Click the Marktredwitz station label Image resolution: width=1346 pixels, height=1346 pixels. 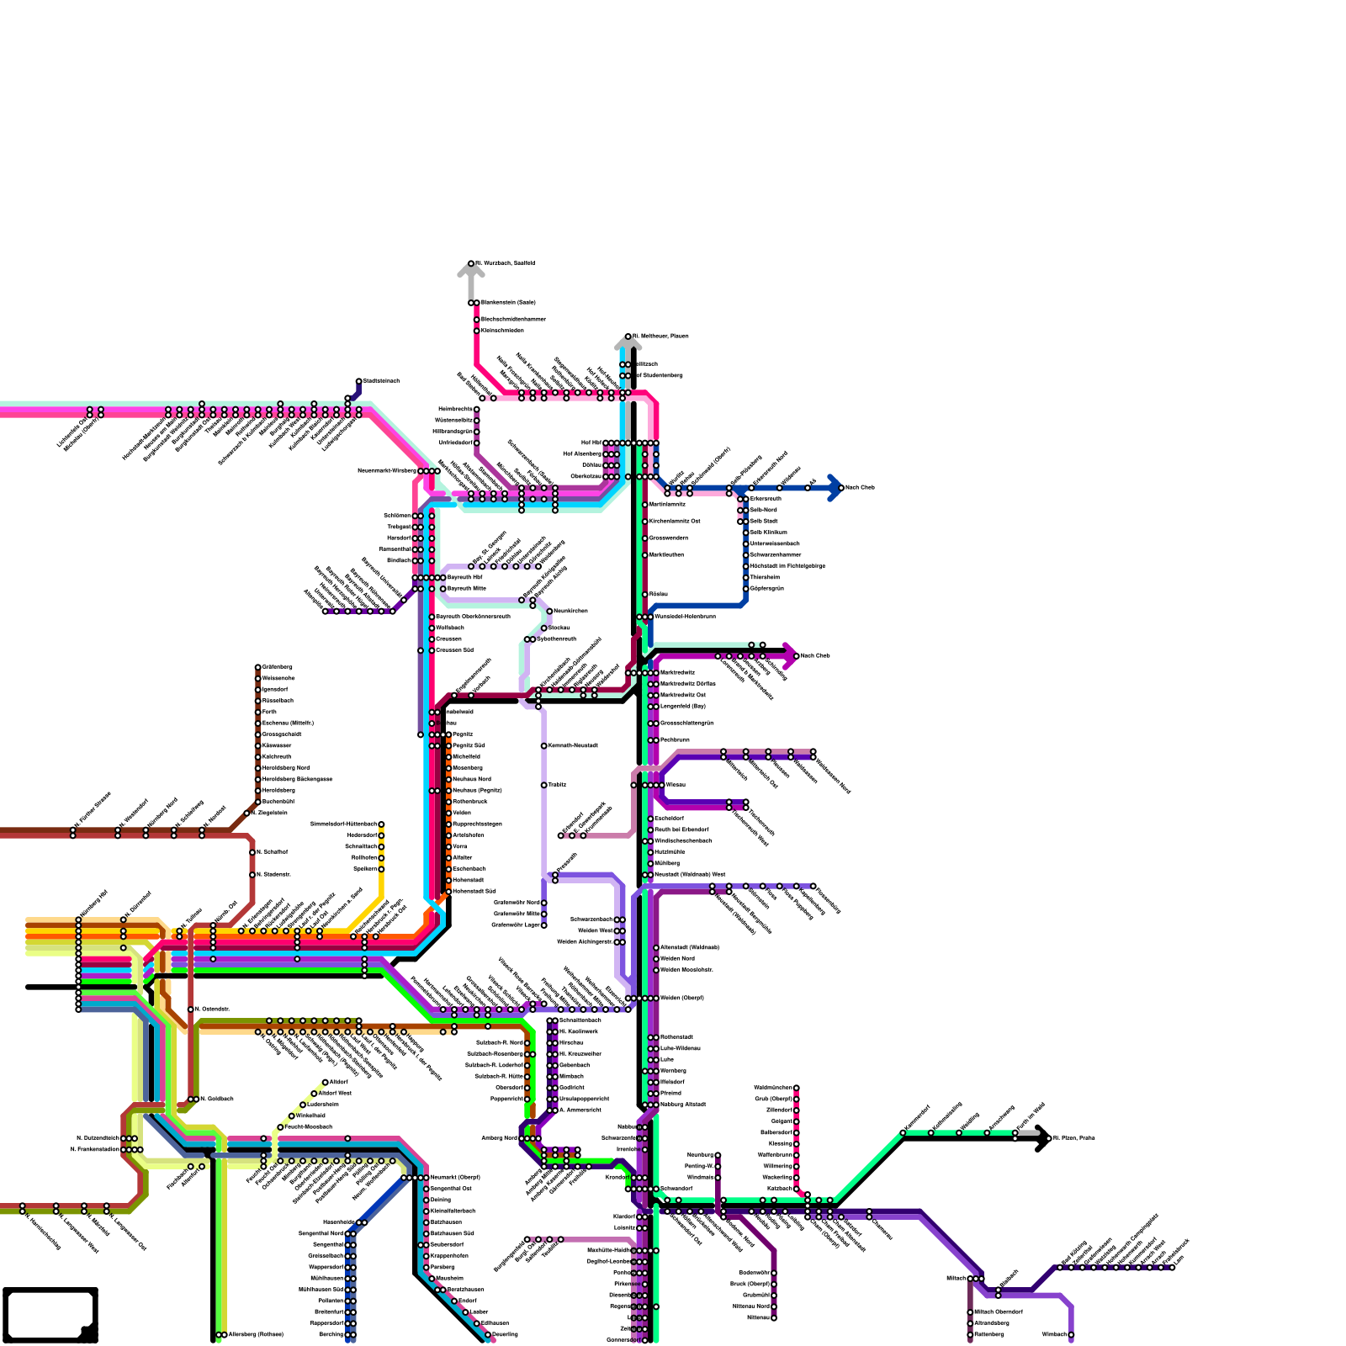pos(678,672)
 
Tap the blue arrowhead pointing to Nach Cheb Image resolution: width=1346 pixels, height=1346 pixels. pos(835,488)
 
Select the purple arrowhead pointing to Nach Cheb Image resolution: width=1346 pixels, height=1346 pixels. pos(790,655)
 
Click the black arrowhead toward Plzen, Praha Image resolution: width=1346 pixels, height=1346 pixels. pos(1043,1138)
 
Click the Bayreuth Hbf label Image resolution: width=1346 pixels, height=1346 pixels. pos(465,578)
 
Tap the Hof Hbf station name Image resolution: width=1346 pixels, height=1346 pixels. pos(591,442)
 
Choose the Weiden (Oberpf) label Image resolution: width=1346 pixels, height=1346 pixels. pos(682,999)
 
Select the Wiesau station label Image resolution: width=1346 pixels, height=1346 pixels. pos(676,785)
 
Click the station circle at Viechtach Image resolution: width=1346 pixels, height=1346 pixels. pos(1071,1335)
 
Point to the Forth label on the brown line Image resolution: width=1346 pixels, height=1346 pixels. pos(269,712)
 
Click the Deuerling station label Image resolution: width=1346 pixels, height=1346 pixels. pos(506,1334)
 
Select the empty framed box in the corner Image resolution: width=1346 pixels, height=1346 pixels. pos(50,1315)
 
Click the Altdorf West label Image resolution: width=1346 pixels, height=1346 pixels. pos(336,1094)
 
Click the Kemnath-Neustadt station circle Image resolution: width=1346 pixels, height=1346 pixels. pos(544,746)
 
